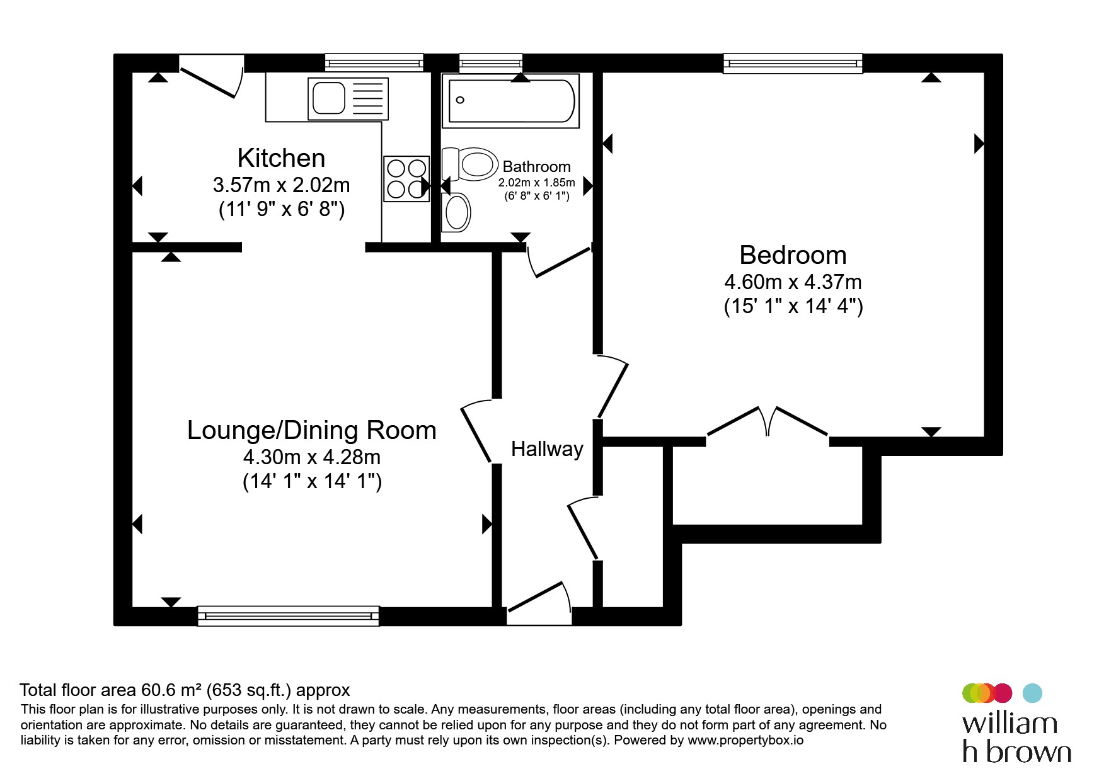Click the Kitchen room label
(x=281, y=158)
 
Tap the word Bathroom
(x=537, y=167)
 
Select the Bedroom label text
(x=793, y=255)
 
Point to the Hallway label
(x=547, y=449)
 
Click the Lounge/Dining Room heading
(x=312, y=430)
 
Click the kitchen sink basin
(x=329, y=98)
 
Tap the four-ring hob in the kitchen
(x=406, y=179)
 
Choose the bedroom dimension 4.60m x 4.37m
(x=793, y=282)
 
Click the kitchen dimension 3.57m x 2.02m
(x=281, y=185)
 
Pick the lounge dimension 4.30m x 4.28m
(x=312, y=457)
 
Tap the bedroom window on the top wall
(x=793, y=63)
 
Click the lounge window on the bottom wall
(x=289, y=616)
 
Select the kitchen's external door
(x=212, y=77)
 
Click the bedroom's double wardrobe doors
(x=768, y=422)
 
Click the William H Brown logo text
(x=1016, y=738)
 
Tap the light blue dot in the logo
(x=1032, y=693)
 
